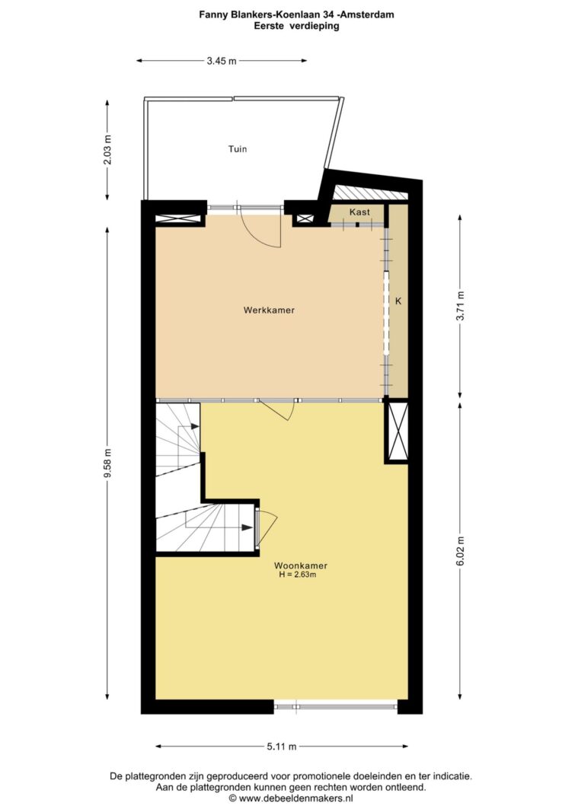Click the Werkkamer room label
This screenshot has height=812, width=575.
coord(269,310)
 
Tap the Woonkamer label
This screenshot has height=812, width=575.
coord(301,565)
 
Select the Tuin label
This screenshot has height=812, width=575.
coord(238,149)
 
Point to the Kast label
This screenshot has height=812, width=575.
coord(359,212)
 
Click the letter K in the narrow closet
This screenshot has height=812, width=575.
coord(398,301)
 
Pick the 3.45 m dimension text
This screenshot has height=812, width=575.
coord(222,61)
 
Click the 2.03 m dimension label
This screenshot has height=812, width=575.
coord(107,150)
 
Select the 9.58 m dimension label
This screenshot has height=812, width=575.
coord(107,463)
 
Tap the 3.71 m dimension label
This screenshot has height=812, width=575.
coord(460,306)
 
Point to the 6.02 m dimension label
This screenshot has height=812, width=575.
coord(460,552)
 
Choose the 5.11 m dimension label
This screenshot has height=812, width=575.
coord(282,747)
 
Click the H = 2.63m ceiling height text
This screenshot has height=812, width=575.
coord(297,575)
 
